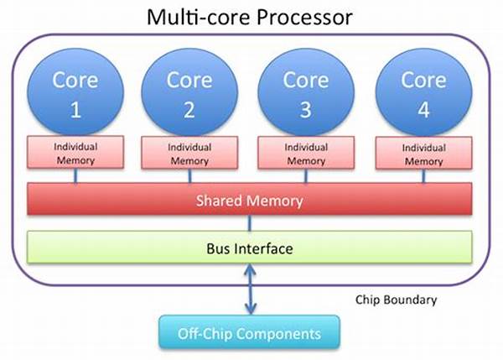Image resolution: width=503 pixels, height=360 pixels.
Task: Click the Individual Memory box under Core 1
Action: coord(75,153)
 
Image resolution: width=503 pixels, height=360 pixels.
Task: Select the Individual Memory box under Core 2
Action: coord(189,153)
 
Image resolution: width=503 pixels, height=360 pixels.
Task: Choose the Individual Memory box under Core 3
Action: coord(307,153)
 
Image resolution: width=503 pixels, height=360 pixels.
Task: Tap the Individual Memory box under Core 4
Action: coord(422,154)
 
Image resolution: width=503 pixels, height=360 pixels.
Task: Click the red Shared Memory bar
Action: coord(249,201)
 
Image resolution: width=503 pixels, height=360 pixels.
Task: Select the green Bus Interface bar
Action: coord(249,249)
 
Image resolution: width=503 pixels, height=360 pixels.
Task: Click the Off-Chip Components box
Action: coord(249,334)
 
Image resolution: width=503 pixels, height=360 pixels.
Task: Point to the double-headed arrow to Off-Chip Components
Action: coord(249,290)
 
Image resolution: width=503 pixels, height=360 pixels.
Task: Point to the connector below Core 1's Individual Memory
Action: coord(75,176)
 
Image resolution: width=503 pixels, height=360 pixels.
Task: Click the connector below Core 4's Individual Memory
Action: coord(423,177)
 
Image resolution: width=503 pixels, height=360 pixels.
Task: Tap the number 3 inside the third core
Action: coord(305,109)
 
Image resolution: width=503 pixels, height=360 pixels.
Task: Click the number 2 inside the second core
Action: coord(188,109)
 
